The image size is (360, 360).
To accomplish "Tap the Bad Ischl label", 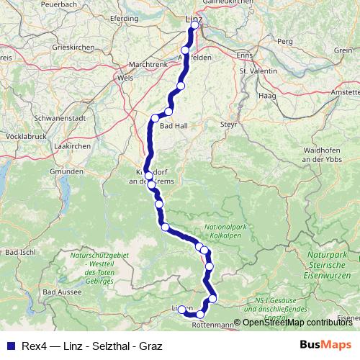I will coord(20,253).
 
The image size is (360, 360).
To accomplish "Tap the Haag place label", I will coord(268,94).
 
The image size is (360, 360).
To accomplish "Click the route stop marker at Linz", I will coord(194,25).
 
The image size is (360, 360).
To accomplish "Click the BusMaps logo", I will coord(326,345).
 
